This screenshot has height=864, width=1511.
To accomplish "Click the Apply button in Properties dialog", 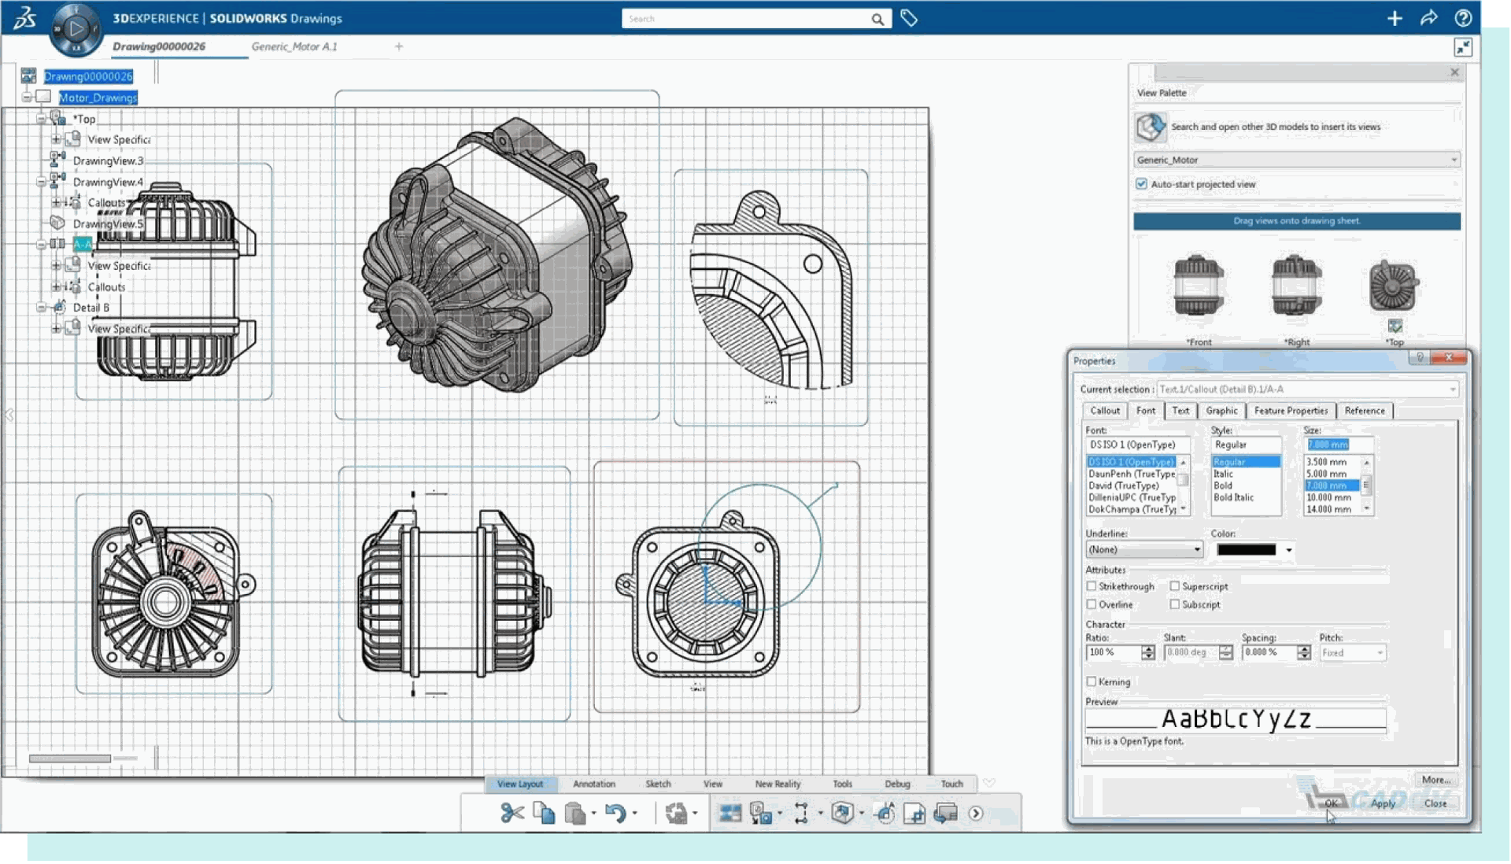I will point(1382,803).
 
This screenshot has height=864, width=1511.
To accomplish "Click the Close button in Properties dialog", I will point(1435,803).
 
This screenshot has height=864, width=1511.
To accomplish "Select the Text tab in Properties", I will point(1180,411).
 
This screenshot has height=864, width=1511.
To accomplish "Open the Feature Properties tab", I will point(1290,411).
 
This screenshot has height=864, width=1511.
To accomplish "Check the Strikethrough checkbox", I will point(1092,586).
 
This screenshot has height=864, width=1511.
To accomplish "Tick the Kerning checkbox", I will point(1092,681).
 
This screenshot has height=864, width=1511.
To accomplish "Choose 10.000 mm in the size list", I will point(1328,497).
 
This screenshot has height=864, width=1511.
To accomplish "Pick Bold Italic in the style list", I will point(1233,497).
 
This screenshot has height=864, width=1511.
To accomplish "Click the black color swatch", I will point(1246,550).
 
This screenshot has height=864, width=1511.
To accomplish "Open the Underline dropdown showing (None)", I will point(1143,550).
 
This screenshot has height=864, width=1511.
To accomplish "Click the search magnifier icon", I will point(877,19).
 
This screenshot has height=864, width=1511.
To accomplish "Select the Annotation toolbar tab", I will point(593,784).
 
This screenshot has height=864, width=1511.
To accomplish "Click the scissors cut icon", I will point(512,813).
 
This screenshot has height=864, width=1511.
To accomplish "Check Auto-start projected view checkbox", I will point(1141,184).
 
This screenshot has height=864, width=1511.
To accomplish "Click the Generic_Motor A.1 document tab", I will point(294,46).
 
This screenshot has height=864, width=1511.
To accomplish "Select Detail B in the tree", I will point(91,308).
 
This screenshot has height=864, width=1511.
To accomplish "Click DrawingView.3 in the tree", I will point(108,161).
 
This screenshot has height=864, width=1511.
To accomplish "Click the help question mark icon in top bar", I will point(1463,18).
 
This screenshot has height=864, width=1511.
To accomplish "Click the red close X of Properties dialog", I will point(1449,358).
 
